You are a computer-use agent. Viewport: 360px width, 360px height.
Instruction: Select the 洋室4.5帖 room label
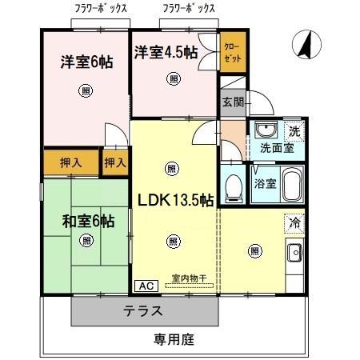[x=166, y=53]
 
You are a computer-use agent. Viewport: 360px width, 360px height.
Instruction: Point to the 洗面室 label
[x=276, y=148]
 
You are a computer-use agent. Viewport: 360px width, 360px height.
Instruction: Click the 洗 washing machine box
[x=293, y=130]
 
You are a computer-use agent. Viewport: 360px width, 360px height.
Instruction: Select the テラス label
[x=144, y=311]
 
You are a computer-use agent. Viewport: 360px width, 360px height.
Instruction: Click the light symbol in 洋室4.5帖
[x=174, y=78]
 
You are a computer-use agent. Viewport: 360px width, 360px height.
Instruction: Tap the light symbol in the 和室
[x=86, y=240]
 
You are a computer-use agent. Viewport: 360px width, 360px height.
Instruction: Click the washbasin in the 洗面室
[x=263, y=130]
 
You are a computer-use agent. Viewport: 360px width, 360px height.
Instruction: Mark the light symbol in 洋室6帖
[x=86, y=91]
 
